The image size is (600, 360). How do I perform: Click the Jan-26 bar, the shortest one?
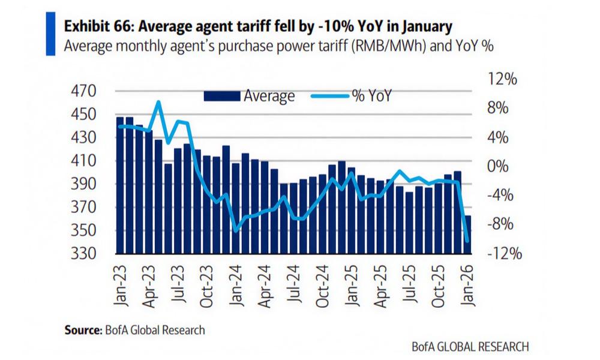[467, 235]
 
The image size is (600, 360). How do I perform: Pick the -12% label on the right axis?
[506, 254]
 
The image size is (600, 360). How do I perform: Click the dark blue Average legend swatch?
[223, 96]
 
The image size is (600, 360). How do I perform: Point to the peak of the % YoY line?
[158, 102]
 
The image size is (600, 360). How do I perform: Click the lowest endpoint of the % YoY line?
[467, 241]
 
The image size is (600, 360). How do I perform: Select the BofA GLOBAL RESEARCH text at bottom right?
[470, 346]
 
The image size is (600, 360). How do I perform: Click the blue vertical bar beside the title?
[50, 34]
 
